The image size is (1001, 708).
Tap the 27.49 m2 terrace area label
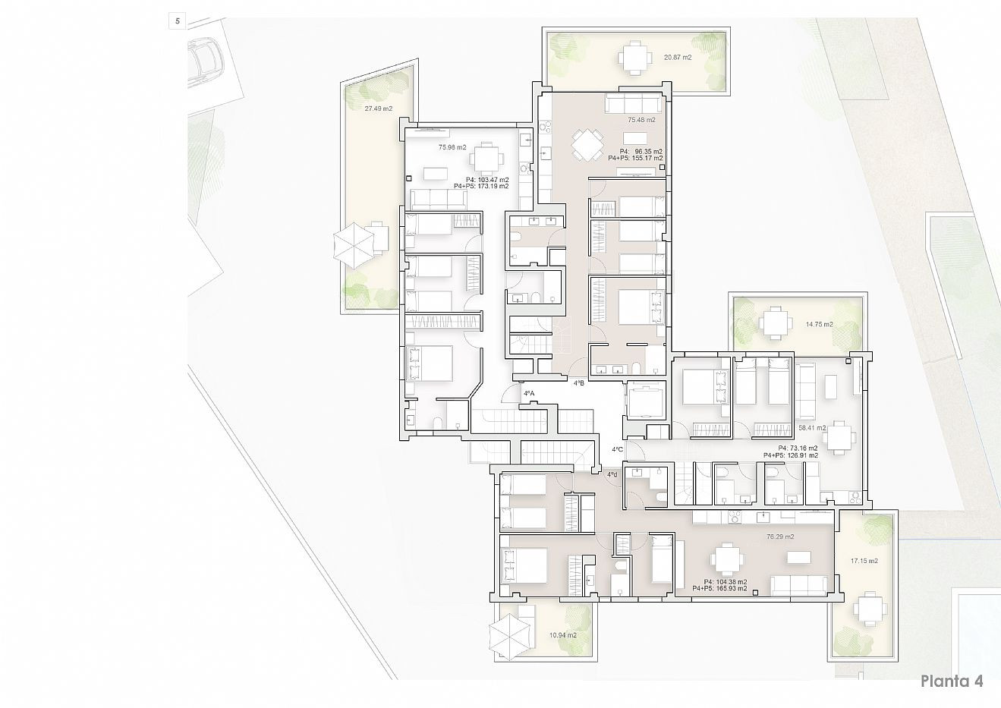(379, 109)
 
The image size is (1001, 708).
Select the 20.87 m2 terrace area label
(678, 57)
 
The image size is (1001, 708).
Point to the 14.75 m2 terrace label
(820, 325)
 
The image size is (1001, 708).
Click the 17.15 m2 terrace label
(864, 561)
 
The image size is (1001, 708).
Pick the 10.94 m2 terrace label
(562, 635)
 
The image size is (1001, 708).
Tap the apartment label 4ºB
(579, 383)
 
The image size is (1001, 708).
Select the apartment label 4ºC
(618, 449)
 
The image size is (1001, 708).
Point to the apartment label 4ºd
(612, 475)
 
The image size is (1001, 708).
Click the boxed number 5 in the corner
(178, 21)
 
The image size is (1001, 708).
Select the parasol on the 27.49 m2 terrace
(354, 246)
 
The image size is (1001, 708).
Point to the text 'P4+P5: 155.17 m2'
(635, 159)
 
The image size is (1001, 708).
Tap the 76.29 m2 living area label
(780, 537)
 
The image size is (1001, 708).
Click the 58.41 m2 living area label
(813, 428)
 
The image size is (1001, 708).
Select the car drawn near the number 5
(204, 61)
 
